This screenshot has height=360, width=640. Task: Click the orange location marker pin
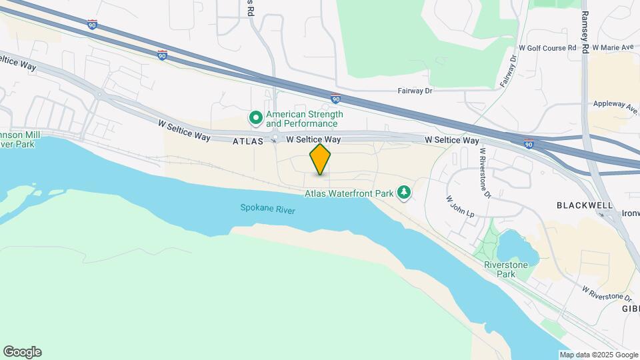320,159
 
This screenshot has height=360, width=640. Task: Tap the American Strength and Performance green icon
255,119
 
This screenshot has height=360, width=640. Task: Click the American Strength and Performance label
304,119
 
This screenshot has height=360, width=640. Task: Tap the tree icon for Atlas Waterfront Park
403,193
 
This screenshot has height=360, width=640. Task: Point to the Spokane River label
267,209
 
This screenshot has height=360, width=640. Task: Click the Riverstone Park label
507,269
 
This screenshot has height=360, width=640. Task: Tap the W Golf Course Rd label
547,48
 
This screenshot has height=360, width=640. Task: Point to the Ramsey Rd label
585,32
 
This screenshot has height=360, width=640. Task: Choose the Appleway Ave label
615,105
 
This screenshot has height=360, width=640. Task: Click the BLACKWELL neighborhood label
585,206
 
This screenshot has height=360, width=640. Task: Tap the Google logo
22,352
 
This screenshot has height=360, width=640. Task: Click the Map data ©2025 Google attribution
598,355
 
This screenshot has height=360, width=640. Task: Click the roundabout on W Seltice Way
274,139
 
